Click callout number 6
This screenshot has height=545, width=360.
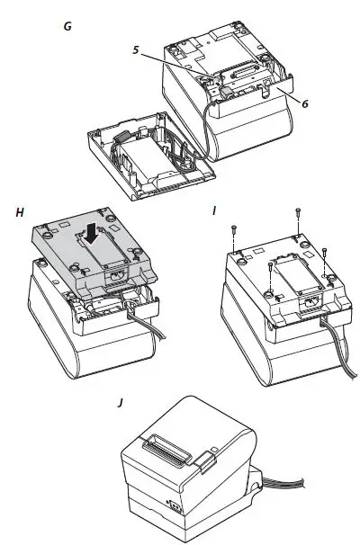click(x=305, y=103)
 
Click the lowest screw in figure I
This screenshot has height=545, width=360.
click(x=270, y=268)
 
